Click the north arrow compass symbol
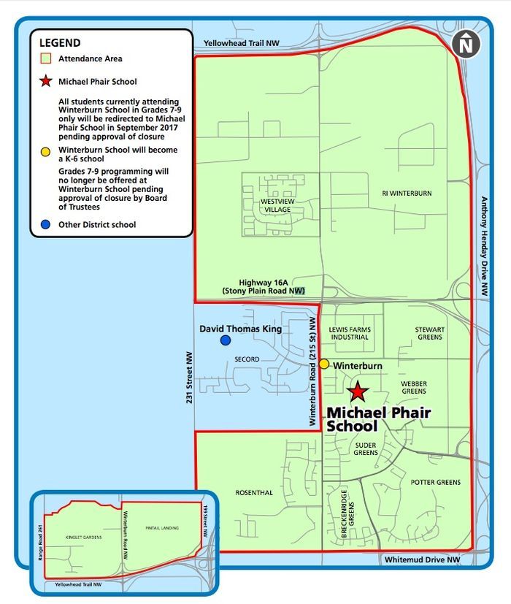[x=466, y=45]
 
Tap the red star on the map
[x=358, y=392]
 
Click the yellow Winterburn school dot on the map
[x=323, y=364]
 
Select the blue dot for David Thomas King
[x=226, y=340]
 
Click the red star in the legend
[x=46, y=81]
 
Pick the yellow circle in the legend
[x=46, y=152]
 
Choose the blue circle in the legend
[x=46, y=224]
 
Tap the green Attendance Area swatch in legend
[x=46, y=58]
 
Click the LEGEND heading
[x=59, y=43]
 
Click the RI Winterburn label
[x=407, y=194]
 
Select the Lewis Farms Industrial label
[x=350, y=334]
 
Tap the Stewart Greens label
[x=429, y=334]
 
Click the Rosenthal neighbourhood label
[x=254, y=493]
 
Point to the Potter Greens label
[x=435, y=483]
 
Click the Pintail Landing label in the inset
[x=162, y=527]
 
